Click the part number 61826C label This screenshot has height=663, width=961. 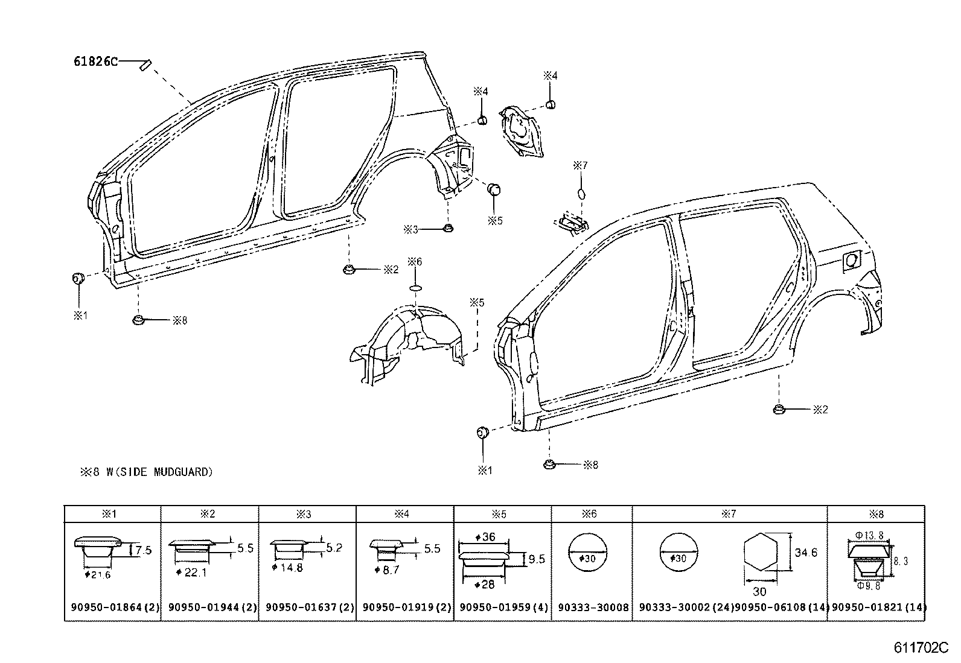click(x=95, y=61)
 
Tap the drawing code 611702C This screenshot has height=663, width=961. click(x=922, y=649)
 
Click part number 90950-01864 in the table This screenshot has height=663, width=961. click(x=112, y=607)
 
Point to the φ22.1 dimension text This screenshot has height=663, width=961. click(x=193, y=572)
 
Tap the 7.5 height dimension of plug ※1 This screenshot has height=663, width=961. click(x=144, y=550)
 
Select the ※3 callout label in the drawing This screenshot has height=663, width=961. click(x=411, y=229)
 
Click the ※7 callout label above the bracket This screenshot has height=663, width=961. click(x=580, y=165)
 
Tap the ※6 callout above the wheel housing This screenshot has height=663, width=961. click(x=415, y=262)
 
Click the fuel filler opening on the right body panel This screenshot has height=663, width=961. click(x=851, y=260)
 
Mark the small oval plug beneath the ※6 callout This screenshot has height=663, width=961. click(x=416, y=288)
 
